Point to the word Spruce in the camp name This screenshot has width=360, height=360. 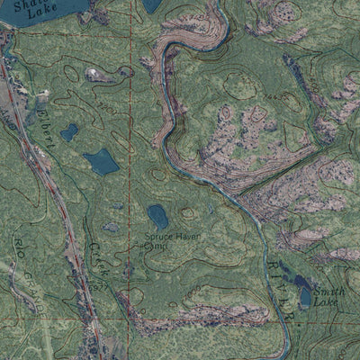click(x=158, y=238)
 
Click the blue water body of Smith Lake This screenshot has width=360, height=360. click(x=304, y=294)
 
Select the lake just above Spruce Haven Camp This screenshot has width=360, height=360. click(x=158, y=217)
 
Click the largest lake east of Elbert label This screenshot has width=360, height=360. click(x=101, y=162)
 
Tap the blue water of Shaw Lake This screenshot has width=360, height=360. click(x=54, y=14)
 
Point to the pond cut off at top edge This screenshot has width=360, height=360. click(x=152, y=5)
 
